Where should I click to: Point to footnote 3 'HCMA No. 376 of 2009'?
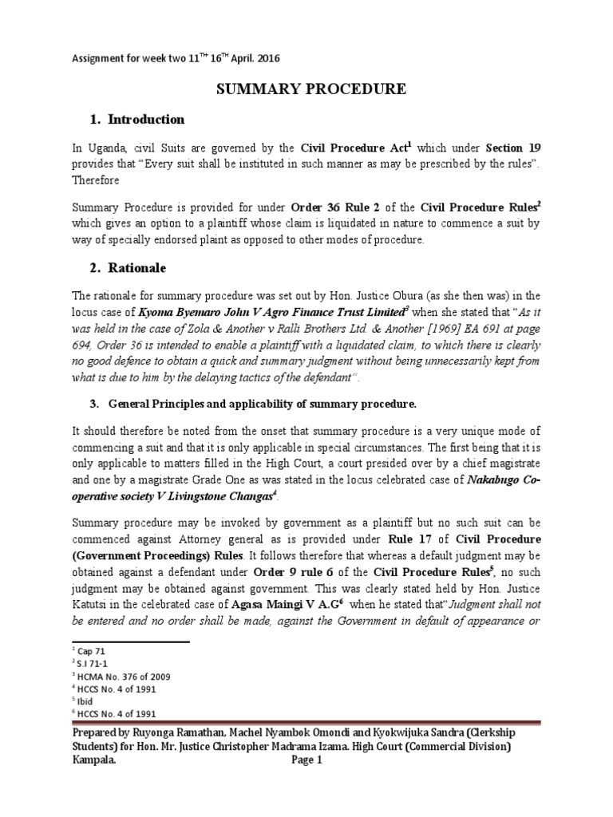(119, 677)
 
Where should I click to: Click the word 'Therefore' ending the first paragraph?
(96, 180)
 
